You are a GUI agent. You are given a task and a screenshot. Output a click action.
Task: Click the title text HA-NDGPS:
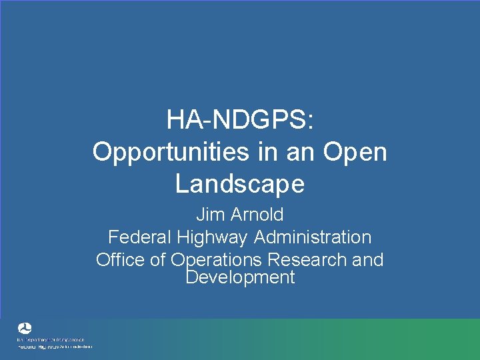pyautogui.click(x=239, y=121)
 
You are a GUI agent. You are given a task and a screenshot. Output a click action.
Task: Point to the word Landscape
pyautogui.click(x=239, y=184)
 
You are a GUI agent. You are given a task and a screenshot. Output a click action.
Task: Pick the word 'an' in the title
pyautogui.click(x=296, y=152)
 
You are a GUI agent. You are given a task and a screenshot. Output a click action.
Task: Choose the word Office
pyautogui.click(x=120, y=259)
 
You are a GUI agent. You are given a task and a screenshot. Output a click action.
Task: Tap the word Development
pyautogui.click(x=239, y=277)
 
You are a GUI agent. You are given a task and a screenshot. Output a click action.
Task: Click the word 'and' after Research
pyautogui.click(x=368, y=259)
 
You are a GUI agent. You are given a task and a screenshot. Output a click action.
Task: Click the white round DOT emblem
pyautogui.click(x=25, y=329)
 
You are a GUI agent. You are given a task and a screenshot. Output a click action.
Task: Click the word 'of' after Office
pyautogui.click(x=157, y=259)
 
